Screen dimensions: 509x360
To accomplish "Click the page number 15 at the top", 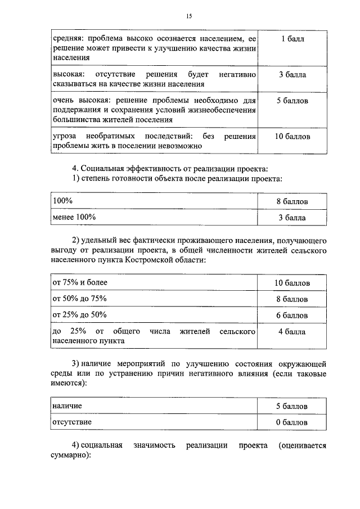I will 188,16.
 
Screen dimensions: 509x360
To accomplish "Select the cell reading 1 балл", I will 292,39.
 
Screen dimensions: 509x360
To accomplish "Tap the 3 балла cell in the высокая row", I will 292,75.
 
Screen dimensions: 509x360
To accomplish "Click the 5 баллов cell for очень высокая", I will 292,102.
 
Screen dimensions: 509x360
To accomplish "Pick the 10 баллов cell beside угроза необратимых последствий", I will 292,137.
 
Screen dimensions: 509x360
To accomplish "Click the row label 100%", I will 62,201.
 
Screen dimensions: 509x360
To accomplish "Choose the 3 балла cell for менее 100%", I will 292,217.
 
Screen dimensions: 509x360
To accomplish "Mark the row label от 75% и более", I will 79,282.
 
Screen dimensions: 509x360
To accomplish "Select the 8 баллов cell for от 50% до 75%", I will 292,299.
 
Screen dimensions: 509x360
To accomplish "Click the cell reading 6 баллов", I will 292,315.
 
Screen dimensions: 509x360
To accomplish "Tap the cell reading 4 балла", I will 292,332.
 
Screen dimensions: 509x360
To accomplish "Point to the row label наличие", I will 67,405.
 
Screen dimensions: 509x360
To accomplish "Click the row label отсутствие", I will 72,421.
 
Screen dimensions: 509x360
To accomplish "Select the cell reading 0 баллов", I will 292,422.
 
